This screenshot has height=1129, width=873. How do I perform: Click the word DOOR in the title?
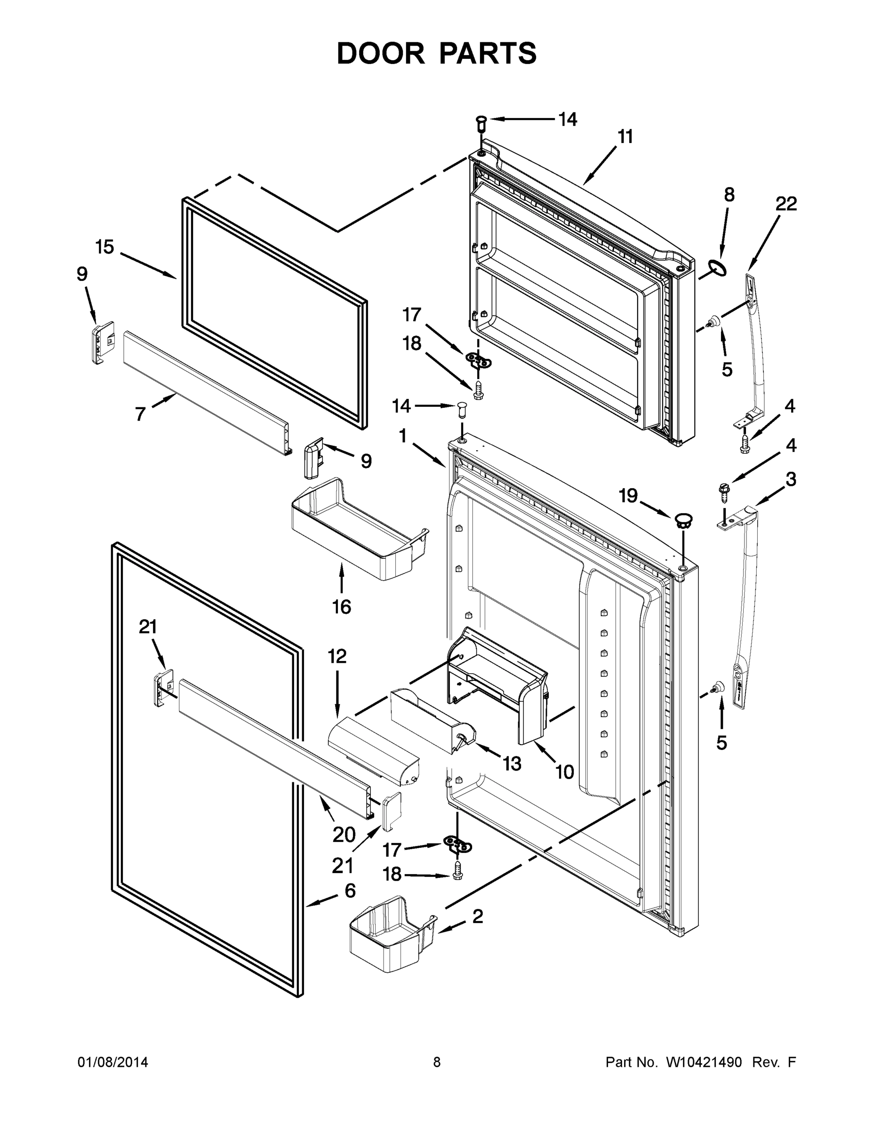pyautogui.click(x=380, y=53)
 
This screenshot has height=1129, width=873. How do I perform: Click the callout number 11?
pyautogui.click(x=625, y=137)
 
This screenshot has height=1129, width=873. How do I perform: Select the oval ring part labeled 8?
pyautogui.click(x=717, y=268)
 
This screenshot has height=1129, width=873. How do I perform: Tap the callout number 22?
pyautogui.click(x=785, y=204)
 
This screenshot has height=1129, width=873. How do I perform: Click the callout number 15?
pyautogui.click(x=104, y=247)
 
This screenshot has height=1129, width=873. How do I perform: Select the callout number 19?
pyautogui.click(x=628, y=496)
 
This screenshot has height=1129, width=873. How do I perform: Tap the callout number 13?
pyautogui.click(x=512, y=763)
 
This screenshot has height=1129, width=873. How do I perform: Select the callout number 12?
pyautogui.click(x=336, y=657)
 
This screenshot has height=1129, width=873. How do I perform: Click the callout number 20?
pyautogui.click(x=344, y=835)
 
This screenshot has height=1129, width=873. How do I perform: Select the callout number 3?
pyautogui.click(x=791, y=479)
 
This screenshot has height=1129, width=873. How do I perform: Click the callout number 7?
pyautogui.click(x=140, y=413)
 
